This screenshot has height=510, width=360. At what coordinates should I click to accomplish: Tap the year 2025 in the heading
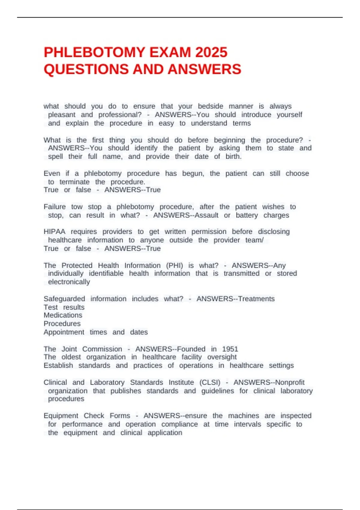pyautogui.click(x=211, y=52)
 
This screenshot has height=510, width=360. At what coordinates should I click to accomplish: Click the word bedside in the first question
pyautogui.click(x=210, y=106)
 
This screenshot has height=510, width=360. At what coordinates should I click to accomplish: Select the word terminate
pyautogui.click(x=74, y=182)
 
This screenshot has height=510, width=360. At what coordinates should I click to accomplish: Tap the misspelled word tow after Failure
pyautogui.click(x=77, y=207)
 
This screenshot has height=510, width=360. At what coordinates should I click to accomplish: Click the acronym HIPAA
pyautogui.click(x=54, y=232)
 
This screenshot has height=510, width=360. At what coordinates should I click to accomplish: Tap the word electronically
pyautogui.click(x=69, y=282)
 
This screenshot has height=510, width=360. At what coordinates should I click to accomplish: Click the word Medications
pyautogui.click(x=63, y=315)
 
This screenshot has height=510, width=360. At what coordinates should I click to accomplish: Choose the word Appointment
pyautogui.click(x=64, y=332)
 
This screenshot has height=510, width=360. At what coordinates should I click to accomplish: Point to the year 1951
pyautogui.click(x=230, y=349)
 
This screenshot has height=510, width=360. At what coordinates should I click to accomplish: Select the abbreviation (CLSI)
pyautogui.click(x=210, y=382)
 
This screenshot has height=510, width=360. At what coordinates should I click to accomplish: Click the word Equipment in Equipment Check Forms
pyautogui.click(x=61, y=416)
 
